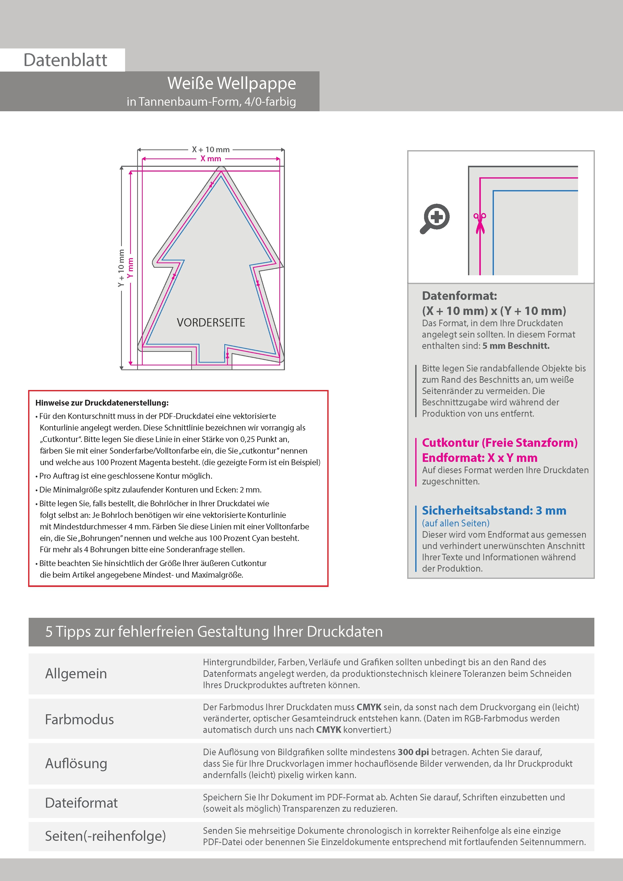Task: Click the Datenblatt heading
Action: [x=65, y=60]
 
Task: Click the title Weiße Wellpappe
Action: [x=231, y=83]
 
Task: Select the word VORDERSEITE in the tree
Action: [x=211, y=322]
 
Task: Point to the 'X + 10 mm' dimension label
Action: [x=211, y=149]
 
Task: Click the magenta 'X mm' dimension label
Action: [x=211, y=158]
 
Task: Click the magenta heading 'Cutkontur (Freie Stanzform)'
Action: [x=499, y=443]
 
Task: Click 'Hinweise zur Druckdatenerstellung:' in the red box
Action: [x=102, y=403]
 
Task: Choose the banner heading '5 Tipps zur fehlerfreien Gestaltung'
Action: [x=214, y=632]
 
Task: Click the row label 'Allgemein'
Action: [x=76, y=673]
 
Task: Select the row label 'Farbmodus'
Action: [x=79, y=719]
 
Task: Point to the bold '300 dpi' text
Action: [x=413, y=752]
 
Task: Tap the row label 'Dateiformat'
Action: [x=81, y=803]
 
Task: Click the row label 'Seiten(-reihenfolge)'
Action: [x=106, y=836]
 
